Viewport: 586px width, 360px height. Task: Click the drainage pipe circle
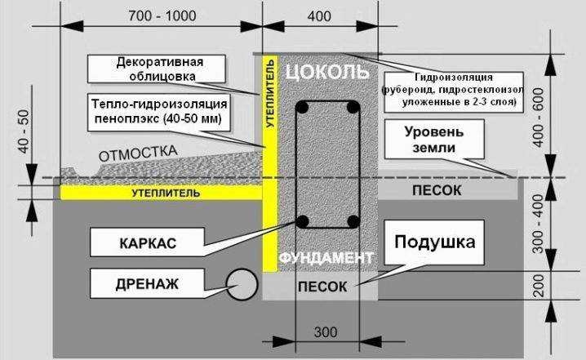242,284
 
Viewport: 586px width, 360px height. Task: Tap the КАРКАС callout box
147,242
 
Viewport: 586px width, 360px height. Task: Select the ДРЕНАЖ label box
147,283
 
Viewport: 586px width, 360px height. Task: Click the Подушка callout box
434,242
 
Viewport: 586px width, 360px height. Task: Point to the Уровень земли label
434,140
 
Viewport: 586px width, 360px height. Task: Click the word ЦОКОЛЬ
327,71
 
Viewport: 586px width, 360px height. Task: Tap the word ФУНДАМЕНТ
326,258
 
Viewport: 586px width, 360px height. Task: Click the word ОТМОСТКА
138,153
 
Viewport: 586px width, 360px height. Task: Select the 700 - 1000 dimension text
162,16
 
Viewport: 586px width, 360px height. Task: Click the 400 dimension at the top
319,16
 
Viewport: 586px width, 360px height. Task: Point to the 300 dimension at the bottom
326,332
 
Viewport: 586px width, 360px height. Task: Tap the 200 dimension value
539,286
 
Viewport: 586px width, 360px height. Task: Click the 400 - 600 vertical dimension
539,118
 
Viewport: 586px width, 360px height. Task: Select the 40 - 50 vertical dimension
23,131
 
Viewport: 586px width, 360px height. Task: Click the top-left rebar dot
302,108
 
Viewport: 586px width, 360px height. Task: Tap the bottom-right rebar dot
353,222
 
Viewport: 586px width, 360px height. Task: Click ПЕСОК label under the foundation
322,287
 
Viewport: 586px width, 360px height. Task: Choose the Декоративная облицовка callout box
157,69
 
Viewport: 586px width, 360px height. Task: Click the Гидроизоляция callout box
454,92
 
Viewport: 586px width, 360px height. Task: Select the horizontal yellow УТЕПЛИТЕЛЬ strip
161,193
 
